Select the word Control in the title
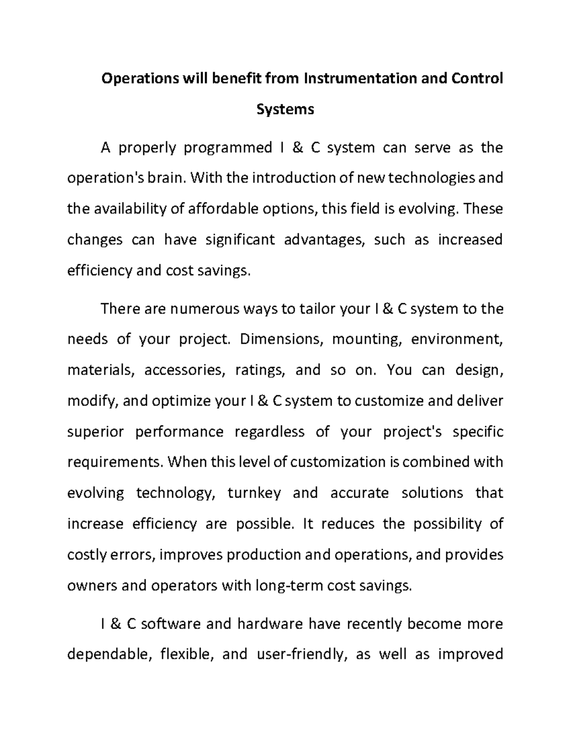476,78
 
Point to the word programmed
227,148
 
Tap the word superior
96,432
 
